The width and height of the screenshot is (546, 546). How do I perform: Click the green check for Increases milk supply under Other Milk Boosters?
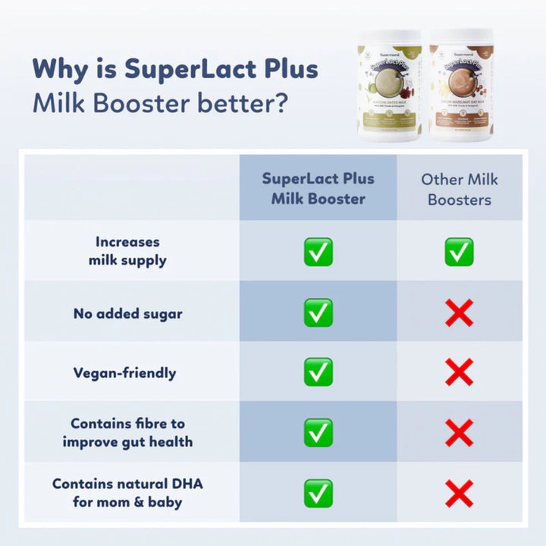[459, 252]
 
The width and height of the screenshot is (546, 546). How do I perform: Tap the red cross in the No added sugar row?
[459, 312]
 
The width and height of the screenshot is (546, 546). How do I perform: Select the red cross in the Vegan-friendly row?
[459, 372]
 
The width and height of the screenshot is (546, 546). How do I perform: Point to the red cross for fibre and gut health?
[459, 432]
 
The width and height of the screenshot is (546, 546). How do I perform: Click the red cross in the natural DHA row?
[459, 493]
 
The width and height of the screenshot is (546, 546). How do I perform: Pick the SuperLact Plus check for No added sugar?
[318, 312]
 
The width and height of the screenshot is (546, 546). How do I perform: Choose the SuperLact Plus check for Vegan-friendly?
[318, 372]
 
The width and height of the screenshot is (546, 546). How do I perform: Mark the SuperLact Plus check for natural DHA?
[318, 493]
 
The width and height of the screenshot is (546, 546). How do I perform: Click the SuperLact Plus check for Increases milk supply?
[318, 252]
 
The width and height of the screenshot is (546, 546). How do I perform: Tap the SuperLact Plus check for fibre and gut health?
[318, 432]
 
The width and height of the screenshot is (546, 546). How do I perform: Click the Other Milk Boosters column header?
[459, 189]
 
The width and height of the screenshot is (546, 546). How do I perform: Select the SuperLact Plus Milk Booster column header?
[318, 189]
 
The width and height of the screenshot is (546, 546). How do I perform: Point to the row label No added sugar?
[127, 313]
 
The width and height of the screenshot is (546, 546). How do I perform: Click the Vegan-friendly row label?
[124, 373]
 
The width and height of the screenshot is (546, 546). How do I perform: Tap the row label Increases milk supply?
[127, 251]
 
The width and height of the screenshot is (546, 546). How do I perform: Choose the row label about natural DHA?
[127, 492]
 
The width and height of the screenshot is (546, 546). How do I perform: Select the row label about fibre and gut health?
[127, 432]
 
